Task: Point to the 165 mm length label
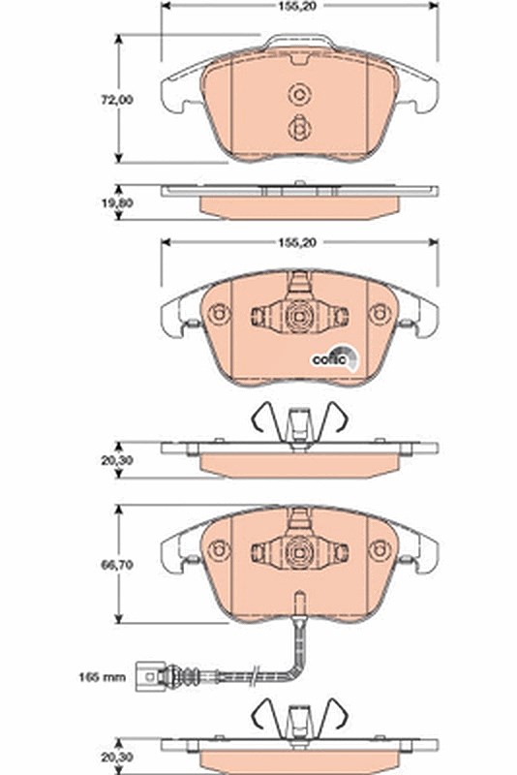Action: point(103,676)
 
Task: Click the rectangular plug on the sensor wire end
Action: point(147,675)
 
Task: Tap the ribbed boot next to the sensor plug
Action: point(189,674)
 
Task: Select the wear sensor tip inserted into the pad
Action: point(299,604)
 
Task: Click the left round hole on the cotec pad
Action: point(219,314)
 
